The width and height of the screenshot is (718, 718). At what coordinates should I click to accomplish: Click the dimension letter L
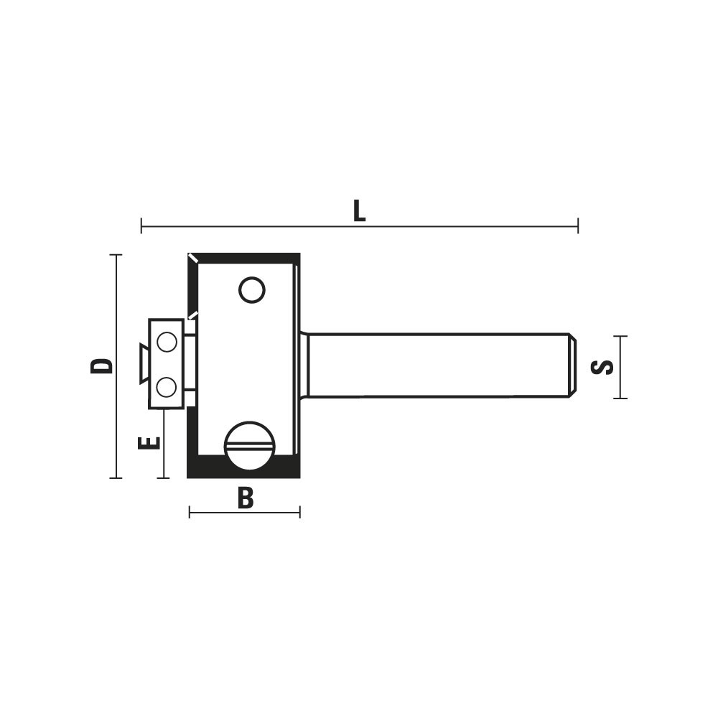[x=360, y=212]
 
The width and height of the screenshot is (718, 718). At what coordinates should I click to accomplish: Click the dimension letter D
[x=101, y=366]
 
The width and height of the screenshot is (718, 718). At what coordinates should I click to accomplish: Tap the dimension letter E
[x=149, y=442]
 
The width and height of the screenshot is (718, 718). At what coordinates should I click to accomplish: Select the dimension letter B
[x=246, y=498]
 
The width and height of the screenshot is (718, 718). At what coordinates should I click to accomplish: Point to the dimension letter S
[x=602, y=367]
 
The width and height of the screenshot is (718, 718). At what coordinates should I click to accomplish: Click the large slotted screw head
[x=250, y=445]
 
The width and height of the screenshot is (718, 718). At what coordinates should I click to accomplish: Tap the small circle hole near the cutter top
[x=252, y=290]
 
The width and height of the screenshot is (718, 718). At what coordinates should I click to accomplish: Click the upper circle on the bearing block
[x=167, y=342]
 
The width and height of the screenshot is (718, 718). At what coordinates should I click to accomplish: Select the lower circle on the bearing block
[x=167, y=388]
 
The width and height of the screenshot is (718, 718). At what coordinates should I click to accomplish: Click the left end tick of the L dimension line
[x=141, y=225]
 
